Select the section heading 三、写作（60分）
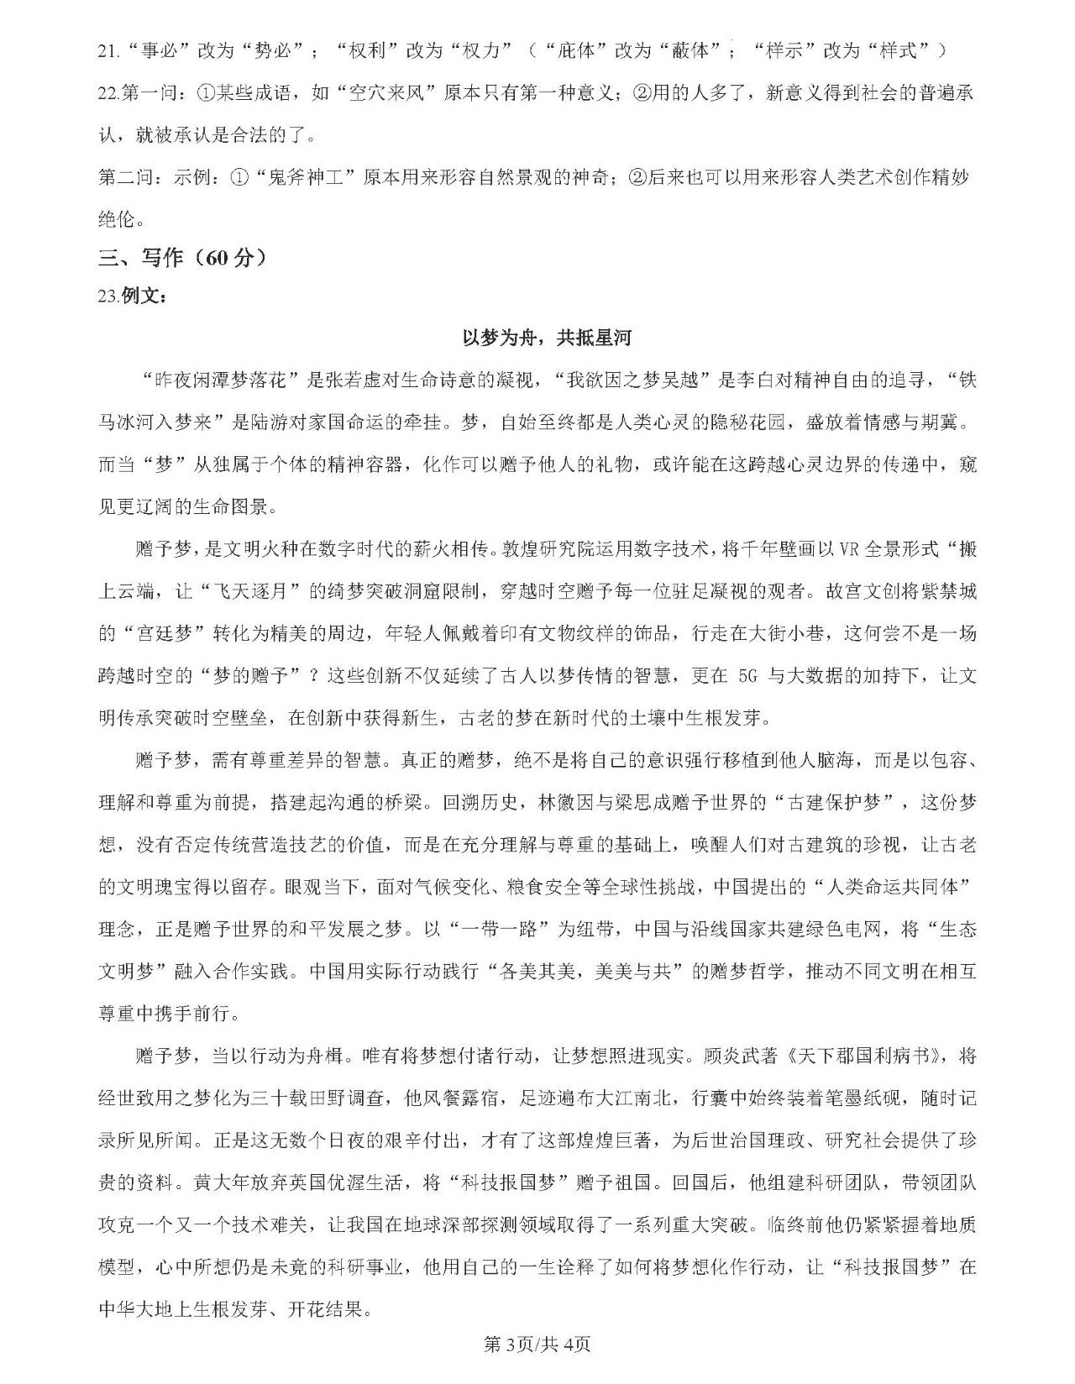tap(182, 258)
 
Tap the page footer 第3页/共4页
tap(537, 1344)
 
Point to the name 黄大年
tap(222, 1182)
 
